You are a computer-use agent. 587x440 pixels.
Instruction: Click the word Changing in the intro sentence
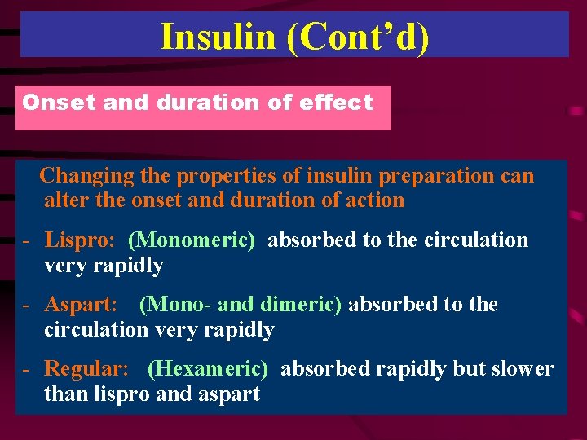click(86, 176)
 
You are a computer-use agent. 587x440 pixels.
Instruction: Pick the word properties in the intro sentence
click(223, 176)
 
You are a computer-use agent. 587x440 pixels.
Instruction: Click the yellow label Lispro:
click(80, 240)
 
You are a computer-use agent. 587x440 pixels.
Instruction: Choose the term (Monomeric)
click(192, 240)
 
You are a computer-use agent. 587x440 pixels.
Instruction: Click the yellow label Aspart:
click(81, 305)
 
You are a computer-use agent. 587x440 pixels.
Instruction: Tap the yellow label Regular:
click(86, 369)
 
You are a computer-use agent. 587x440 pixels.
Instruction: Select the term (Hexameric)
click(208, 369)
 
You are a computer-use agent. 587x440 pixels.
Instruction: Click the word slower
click(523, 369)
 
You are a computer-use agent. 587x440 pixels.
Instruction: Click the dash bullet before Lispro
click(27, 241)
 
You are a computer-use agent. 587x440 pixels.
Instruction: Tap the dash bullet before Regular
click(27, 370)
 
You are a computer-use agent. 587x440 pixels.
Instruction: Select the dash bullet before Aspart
click(27, 306)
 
